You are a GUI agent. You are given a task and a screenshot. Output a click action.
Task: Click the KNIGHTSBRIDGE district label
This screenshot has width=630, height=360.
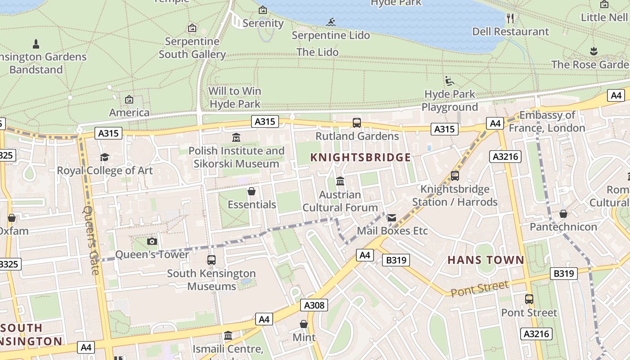(x=360, y=157)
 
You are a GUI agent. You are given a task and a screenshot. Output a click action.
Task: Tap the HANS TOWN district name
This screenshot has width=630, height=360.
(x=486, y=260)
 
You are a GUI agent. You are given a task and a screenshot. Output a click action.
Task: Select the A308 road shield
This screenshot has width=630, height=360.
(x=314, y=305)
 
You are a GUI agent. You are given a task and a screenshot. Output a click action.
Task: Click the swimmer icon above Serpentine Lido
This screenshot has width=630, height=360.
(x=331, y=22)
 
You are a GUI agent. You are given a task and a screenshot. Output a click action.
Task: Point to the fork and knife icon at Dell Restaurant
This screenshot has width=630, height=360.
(x=510, y=18)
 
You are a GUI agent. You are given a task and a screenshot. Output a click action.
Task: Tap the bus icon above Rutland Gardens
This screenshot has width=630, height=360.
(x=356, y=122)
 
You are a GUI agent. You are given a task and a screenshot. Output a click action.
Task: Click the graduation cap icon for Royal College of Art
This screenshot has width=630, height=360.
(x=104, y=157)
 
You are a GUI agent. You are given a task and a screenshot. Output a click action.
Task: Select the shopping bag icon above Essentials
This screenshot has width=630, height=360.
(x=252, y=192)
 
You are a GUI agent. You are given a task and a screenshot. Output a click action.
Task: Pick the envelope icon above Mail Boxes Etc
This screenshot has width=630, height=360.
(x=391, y=218)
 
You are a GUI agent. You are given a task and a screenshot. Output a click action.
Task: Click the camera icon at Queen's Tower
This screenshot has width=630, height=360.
(x=152, y=242)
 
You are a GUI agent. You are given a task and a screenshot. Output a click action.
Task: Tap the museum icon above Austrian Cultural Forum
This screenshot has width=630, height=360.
(x=340, y=181)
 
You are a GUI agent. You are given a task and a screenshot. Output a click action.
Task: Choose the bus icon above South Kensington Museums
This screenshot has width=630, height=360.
(x=211, y=260)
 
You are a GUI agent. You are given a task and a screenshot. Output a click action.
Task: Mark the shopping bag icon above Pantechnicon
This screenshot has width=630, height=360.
(x=563, y=214)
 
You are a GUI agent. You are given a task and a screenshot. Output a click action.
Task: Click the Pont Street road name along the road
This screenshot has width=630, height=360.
(x=480, y=288)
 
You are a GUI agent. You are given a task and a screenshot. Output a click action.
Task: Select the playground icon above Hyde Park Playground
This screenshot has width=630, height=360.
(x=449, y=81)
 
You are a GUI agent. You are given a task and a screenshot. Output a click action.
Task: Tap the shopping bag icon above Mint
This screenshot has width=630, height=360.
(x=304, y=324)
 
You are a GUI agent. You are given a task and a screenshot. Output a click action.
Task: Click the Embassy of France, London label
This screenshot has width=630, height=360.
(x=547, y=121)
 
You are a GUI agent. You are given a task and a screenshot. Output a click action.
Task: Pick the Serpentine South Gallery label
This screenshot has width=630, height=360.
(x=192, y=48)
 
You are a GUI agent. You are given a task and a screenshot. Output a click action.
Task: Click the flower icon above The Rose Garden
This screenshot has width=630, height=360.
(x=594, y=51)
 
